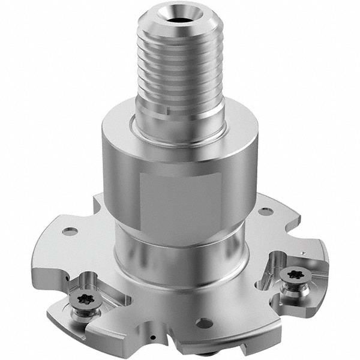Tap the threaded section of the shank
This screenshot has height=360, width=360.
click(x=180, y=60)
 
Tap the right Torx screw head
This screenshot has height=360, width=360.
click(x=294, y=274)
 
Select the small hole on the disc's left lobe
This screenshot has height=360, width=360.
click(x=70, y=231)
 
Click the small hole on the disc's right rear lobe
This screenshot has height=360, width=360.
click(x=265, y=211)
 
